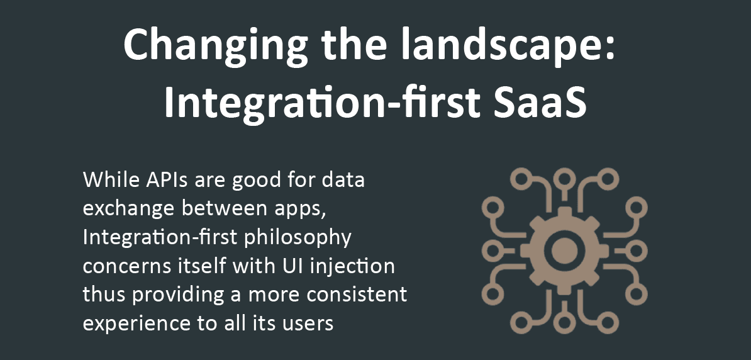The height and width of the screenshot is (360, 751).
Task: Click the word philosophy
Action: point(298,238)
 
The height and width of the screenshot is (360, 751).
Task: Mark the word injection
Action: point(348,266)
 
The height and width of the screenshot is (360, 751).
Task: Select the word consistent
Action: point(357,295)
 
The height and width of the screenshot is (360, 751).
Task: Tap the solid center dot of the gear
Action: point(565,250)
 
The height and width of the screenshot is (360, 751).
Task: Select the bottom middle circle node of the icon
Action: point(565,322)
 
